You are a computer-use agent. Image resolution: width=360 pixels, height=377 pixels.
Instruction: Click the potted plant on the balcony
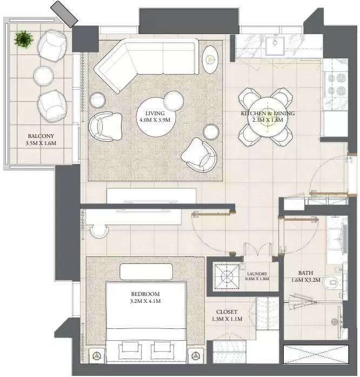23,39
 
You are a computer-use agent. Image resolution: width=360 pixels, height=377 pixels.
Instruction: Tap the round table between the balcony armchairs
43,76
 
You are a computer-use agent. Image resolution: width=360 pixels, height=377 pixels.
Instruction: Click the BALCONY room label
41,136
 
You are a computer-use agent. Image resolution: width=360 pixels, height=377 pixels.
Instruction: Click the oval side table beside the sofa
210,59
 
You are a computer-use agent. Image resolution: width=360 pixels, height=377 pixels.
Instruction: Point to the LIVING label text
155,113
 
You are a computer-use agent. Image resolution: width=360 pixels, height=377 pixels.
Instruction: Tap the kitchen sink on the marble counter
275,46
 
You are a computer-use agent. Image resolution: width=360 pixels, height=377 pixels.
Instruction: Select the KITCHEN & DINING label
268,113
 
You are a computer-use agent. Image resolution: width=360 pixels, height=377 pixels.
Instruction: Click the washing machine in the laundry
227,276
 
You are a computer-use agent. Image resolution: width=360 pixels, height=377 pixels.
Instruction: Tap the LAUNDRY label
257,274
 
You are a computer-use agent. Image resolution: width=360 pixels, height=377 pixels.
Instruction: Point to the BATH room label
305,273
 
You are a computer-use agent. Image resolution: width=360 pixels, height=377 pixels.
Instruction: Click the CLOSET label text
227,312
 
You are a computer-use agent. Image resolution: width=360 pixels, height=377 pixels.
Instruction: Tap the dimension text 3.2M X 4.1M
145,301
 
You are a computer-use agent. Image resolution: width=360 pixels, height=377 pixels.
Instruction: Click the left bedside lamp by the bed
97,355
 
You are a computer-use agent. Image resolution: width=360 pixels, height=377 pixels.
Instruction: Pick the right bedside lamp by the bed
196,355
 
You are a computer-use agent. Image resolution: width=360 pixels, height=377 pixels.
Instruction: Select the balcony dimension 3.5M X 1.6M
41,143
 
